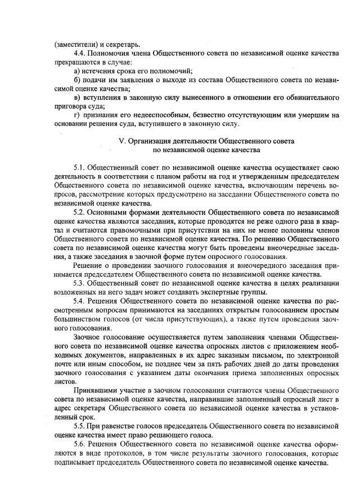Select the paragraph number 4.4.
pos(80,53)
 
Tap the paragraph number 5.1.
pos(80,167)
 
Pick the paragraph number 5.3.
pos(80,283)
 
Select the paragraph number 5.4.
pos(80,301)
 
